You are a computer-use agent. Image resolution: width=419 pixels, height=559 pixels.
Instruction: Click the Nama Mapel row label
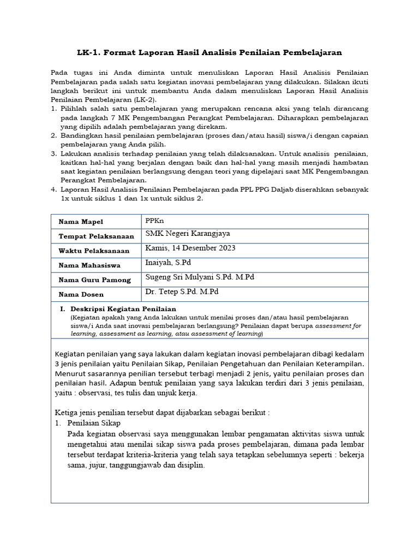click(x=81, y=222)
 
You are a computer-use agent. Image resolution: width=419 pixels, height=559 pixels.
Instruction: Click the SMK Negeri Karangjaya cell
click(x=188, y=234)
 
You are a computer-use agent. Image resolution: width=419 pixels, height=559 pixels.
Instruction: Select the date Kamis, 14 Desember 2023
click(x=190, y=248)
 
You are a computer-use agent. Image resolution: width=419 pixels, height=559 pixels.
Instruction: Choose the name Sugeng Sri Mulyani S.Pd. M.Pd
click(x=200, y=277)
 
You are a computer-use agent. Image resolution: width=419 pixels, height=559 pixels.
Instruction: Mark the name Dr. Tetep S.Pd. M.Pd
click(x=182, y=292)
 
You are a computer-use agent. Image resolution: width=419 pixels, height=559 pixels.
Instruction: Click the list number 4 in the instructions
click(x=53, y=189)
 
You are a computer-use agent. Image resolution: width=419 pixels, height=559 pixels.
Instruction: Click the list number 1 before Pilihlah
click(x=53, y=109)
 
